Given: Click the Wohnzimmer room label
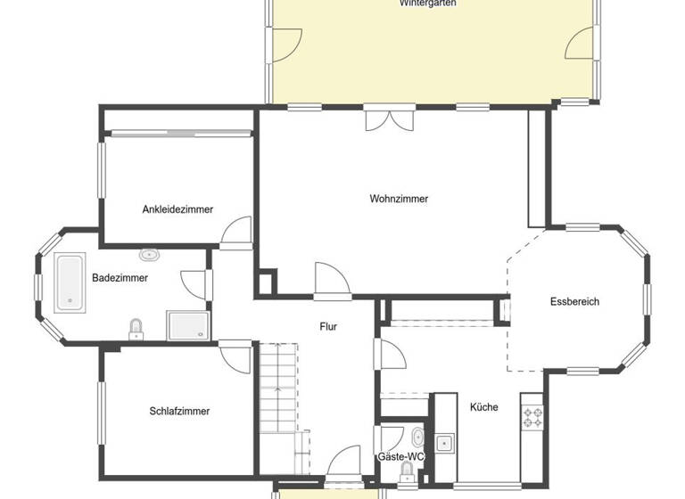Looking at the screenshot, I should point(399,199).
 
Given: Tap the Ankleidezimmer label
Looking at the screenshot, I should point(177,209).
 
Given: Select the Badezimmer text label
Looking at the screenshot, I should point(120,278).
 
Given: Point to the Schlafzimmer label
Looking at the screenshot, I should point(179,411).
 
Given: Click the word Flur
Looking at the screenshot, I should point(328,326).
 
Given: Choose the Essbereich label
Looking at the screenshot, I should point(574,301).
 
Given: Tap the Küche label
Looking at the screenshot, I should point(483,407).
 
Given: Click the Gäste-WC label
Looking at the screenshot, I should point(400,456).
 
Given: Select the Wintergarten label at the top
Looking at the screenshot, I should point(428,4).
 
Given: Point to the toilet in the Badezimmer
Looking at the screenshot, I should point(136,329).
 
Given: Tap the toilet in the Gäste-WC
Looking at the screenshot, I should point(408,470).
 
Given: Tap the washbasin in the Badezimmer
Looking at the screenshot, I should point(151,255).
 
